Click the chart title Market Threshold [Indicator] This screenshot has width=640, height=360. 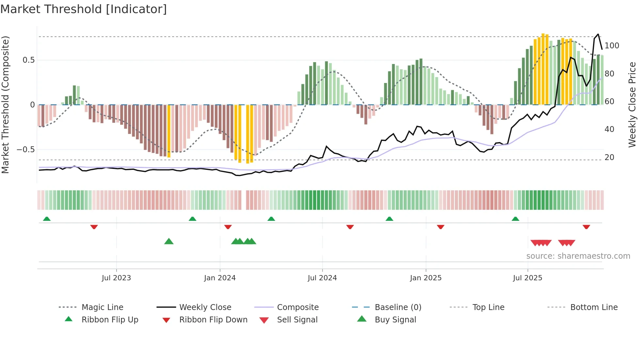click(84, 9)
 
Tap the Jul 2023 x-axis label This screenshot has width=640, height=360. click(116, 278)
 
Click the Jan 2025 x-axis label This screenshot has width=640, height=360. click(425, 278)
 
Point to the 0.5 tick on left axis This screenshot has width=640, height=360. click(28, 60)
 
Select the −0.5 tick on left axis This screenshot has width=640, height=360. click(26, 150)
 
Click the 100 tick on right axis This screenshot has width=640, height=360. click(612, 46)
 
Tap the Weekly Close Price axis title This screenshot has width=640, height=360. click(632, 105)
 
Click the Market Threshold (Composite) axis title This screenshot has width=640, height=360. click(5, 105)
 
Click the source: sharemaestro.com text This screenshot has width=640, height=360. click(578, 256)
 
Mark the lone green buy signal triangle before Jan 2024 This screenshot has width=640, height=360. click(169, 241)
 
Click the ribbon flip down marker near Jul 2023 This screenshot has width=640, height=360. click(94, 227)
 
